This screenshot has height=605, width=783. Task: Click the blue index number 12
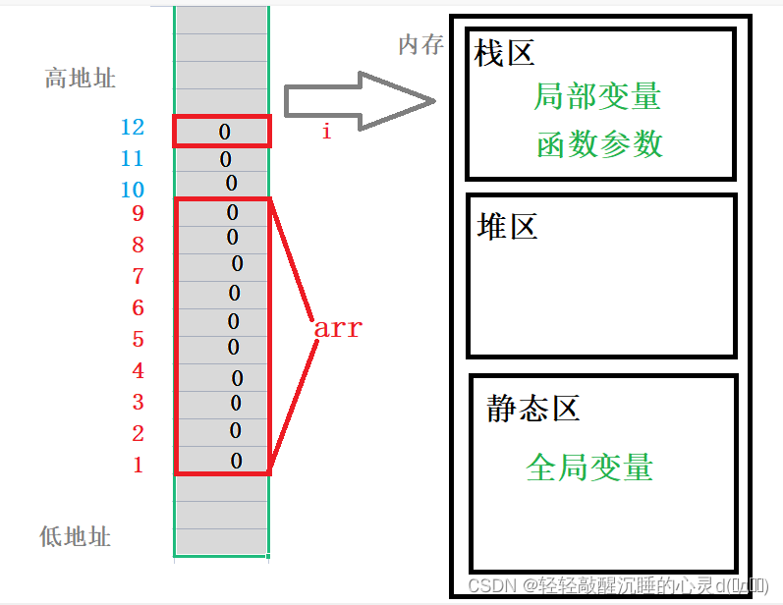[x=132, y=128]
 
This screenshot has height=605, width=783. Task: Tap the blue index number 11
[x=132, y=159]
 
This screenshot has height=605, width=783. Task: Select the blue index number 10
[x=132, y=191]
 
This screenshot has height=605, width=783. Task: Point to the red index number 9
[x=138, y=213]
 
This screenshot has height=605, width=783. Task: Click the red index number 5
[x=138, y=340]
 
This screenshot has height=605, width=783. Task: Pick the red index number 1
[x=138, y=466]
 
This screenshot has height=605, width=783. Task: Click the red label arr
[x=338, y=329]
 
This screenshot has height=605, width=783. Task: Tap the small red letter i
[x=326, y=132]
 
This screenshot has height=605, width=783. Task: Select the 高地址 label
[x=81, y=79]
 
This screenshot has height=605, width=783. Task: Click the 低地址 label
[x=76, y=536]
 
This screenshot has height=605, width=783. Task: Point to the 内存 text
[x=421, y=45]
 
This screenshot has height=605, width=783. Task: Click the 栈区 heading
[x=504, y=53]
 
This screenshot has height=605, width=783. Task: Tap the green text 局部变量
[x=597, y=96]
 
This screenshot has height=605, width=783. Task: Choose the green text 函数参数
[x=600, y=144]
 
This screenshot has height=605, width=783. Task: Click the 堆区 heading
[x=507, y=227]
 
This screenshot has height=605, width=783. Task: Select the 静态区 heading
[x=533, y=409]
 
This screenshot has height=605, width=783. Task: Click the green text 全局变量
[x=589, y=467]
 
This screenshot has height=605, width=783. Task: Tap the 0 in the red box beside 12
[x=225, y=131]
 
